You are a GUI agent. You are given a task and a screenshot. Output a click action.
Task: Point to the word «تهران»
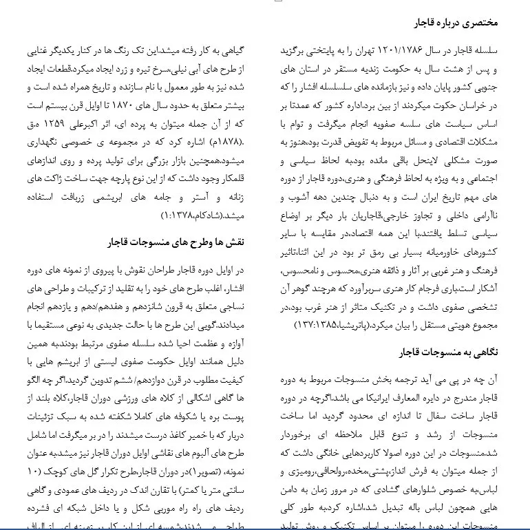[x=357, y=52]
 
